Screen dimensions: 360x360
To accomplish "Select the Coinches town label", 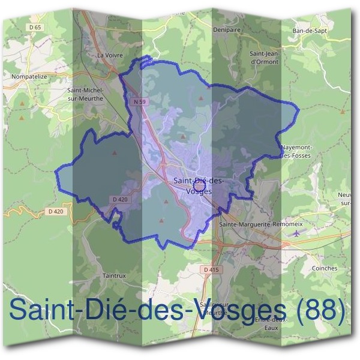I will (325, 268).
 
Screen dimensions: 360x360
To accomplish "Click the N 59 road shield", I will (140, 102).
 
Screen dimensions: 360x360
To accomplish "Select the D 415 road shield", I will (211, 270).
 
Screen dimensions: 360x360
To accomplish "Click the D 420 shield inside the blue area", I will (120, 199).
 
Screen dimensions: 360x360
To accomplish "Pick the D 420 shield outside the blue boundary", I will (55, 211).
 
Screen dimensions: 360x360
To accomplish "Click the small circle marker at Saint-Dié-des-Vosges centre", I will (200, 185).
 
